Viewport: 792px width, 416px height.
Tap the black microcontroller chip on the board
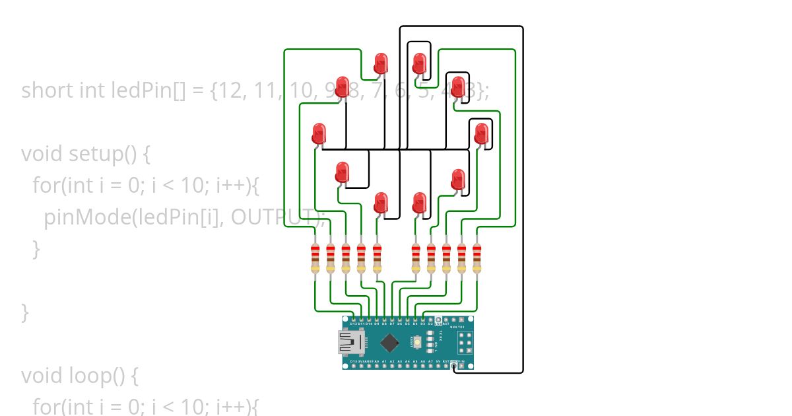[390, 342]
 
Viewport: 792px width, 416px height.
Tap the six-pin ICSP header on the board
[464, 341]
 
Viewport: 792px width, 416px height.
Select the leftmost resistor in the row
[315, 258]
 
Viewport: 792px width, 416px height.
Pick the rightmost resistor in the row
[477, 258]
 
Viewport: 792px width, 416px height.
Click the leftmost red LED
[319, 133]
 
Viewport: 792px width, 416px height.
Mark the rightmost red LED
[482, 133]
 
